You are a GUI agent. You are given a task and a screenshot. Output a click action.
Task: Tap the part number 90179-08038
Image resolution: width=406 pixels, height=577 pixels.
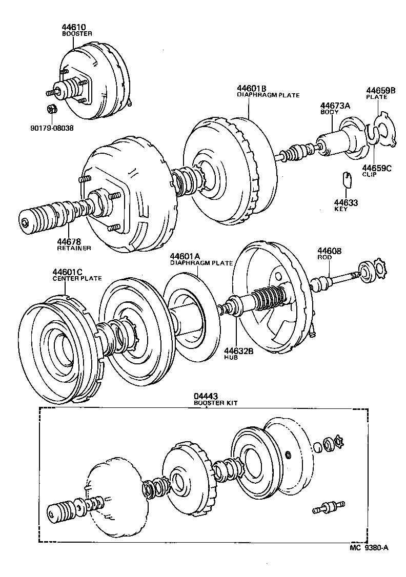[x=51, y=128]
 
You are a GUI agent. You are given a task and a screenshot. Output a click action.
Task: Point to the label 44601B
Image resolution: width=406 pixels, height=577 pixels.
[x=251, y=88]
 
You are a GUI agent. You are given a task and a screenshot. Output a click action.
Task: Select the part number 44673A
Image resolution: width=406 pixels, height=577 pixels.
[x=335, y=105]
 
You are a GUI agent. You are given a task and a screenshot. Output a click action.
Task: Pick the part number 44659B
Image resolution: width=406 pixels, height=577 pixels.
[x=380, y=90]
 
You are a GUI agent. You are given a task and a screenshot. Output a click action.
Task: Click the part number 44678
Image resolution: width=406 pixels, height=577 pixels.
[x=68, y=241]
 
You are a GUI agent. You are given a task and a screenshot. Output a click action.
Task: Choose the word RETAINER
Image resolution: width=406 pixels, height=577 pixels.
[x=74, y=248]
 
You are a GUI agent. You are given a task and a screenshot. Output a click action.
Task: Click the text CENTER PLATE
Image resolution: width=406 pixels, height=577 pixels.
[x=77, y=278]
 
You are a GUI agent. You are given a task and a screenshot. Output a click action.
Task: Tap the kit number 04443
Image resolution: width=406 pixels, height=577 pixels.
[x=205, y=396]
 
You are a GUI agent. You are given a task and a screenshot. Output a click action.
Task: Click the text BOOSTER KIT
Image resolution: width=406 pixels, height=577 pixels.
[x=215, y=403]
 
